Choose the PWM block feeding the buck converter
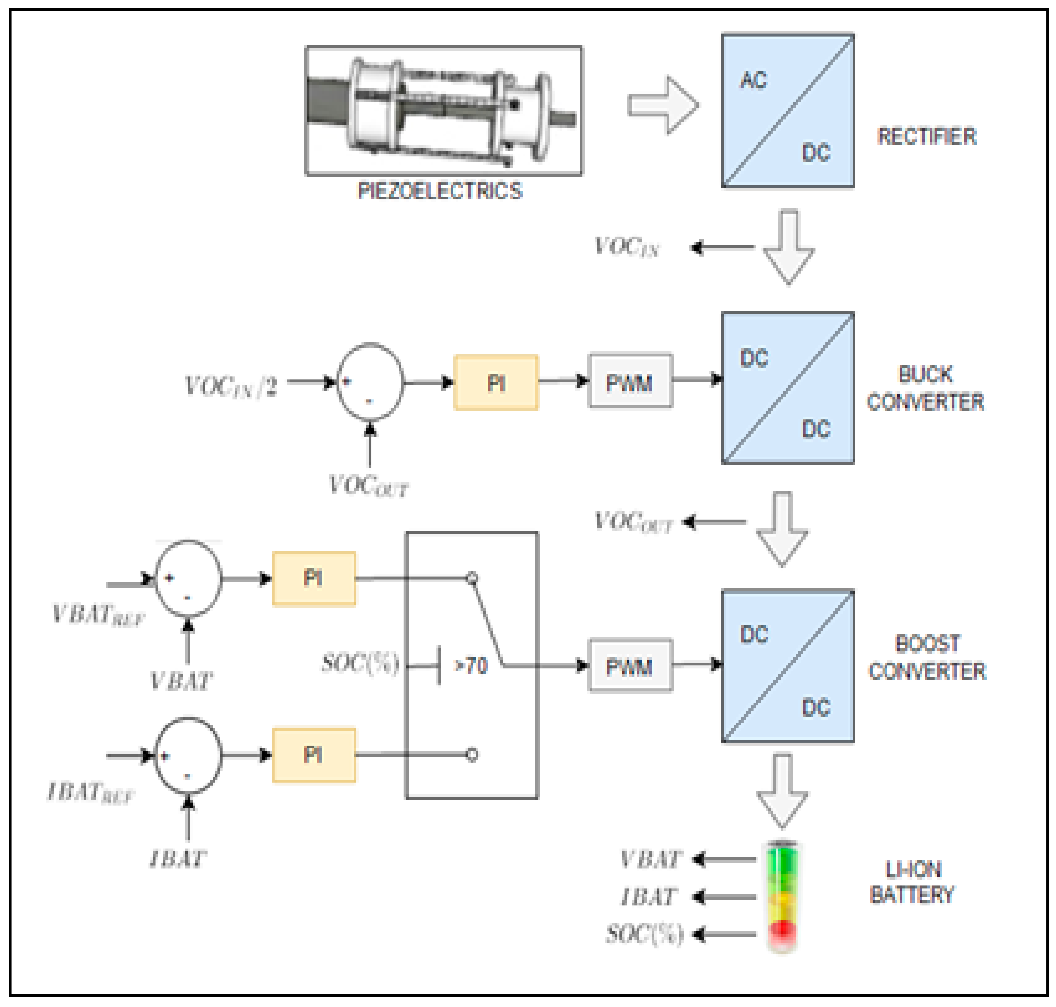click(630, 381)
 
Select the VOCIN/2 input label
click(231, 386)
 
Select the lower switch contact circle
click(471, 755)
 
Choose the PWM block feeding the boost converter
click(630, 666)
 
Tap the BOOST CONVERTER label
click(927, 657)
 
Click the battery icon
click(782, 896)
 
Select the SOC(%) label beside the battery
click(644, 934)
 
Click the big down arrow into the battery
click(782, 790)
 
